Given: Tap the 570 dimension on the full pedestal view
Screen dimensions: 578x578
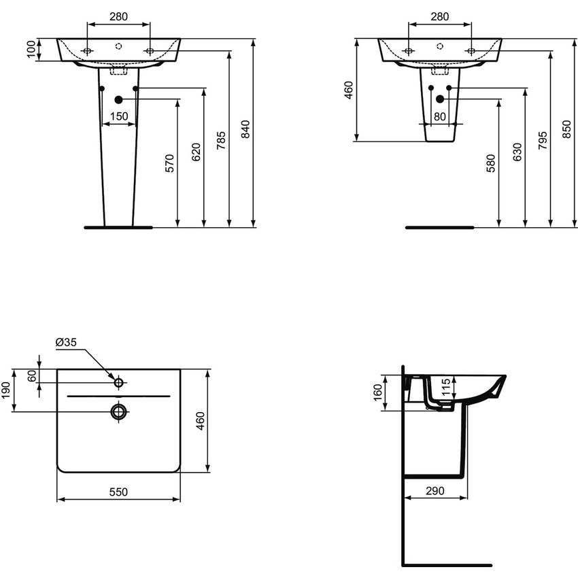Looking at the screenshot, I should click(170, 163).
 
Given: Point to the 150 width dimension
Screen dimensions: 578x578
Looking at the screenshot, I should click(119, 117).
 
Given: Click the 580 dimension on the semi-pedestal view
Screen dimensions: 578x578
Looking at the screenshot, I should click(492, 164).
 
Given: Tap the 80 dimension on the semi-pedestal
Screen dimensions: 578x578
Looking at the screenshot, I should click(440, 117).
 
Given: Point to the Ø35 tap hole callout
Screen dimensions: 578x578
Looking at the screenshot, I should click(67, 342).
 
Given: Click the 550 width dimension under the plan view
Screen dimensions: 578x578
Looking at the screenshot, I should click(118, 491).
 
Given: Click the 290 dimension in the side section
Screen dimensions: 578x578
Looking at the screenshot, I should click(435, 490).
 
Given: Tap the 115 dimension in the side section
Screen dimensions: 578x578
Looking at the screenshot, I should click(446, 388).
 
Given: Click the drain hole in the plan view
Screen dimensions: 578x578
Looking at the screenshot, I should click(119, 411).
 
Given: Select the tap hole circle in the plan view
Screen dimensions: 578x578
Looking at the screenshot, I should click(119, 382).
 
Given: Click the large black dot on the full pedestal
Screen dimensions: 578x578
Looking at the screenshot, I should click(118, 99).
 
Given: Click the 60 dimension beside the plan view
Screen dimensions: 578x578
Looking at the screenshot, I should click(31, 375).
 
